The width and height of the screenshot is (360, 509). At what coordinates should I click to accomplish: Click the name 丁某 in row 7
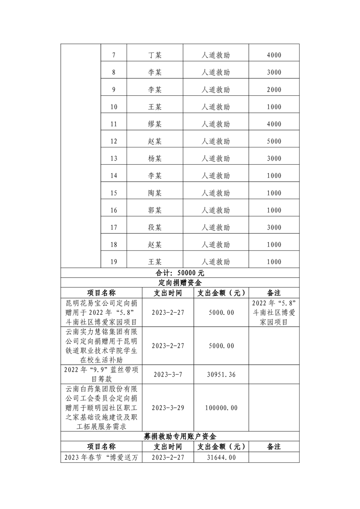(155, 55)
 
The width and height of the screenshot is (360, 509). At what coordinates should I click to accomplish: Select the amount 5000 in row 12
(274, 142)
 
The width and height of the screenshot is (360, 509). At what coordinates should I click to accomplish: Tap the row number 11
(113, 124)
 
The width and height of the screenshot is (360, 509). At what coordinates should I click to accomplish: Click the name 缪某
(155, 124)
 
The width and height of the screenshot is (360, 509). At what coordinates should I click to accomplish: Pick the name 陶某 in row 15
(155, 193)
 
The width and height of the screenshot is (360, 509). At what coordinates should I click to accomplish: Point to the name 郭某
(155, 210)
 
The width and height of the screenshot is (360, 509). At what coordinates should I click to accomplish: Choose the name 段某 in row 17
(155, 228)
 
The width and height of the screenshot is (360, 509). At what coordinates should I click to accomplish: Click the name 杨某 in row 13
(155, 159)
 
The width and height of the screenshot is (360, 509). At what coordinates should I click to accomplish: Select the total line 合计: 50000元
(180, 273)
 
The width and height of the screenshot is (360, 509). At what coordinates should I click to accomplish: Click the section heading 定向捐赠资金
(180, 283)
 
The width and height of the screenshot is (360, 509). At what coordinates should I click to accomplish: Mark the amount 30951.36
(220, 375)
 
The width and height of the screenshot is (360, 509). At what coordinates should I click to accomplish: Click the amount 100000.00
(221, 408)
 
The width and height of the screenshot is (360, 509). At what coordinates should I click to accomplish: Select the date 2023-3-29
(168, 408)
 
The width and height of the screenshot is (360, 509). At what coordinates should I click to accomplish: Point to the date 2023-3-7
(168, 375)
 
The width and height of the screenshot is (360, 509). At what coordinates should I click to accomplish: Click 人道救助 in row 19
(216, 262)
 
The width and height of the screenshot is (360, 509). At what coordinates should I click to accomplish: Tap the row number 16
(113, 210)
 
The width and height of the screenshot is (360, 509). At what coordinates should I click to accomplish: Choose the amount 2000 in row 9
(274, 90)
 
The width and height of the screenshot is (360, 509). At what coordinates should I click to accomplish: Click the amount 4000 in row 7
(274, 55)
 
